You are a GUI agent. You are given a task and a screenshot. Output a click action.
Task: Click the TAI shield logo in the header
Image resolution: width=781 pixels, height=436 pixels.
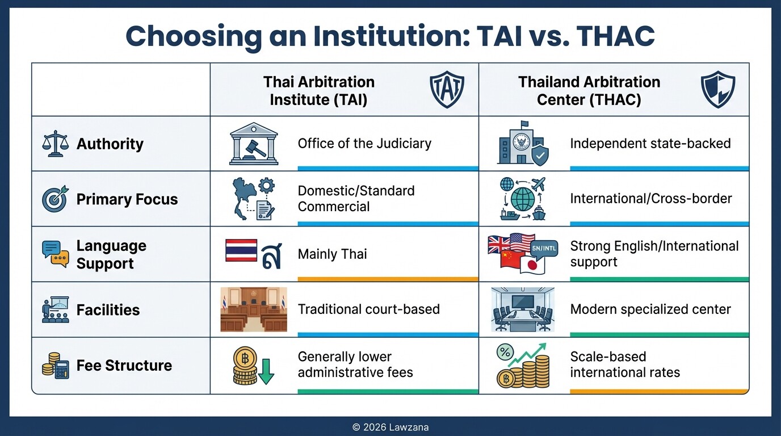(447, 90)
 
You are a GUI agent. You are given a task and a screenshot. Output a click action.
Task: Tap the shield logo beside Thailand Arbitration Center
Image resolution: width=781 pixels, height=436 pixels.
(719, 90)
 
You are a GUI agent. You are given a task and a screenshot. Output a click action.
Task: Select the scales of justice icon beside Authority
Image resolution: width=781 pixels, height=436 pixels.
(55, 144)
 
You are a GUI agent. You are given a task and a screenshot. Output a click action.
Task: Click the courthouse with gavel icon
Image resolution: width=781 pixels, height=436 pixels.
(254, 144)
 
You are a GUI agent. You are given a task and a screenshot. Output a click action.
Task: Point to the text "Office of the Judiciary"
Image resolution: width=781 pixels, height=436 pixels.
(364, 144)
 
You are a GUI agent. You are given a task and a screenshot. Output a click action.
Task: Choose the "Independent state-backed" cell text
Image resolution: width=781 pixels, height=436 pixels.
(650, 144)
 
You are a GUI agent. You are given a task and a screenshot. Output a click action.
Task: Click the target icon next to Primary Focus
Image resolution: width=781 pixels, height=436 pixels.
(55, 199)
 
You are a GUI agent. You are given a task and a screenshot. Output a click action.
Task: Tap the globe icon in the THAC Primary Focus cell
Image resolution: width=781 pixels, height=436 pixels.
(523, 199)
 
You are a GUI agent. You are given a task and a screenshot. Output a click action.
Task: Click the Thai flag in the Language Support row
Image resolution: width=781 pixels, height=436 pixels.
(241, 250)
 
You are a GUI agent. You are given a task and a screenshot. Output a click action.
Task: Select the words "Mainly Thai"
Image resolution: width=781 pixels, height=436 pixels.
(332, 254)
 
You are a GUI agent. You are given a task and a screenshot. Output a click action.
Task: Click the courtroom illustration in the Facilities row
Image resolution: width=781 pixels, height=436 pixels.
(254, 309)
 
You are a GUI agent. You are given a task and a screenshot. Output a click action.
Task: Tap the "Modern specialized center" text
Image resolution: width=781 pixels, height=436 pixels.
(650, 309)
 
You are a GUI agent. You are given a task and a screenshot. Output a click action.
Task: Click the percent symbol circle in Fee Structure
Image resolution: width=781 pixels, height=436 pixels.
(505, 353)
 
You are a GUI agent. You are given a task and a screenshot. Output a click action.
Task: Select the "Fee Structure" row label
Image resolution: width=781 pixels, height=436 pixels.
(124, 365)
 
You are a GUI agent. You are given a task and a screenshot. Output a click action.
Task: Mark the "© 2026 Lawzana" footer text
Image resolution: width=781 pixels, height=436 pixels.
(390, 427)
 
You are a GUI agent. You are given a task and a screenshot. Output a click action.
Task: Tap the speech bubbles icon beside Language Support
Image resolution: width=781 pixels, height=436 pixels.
(55, 254)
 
